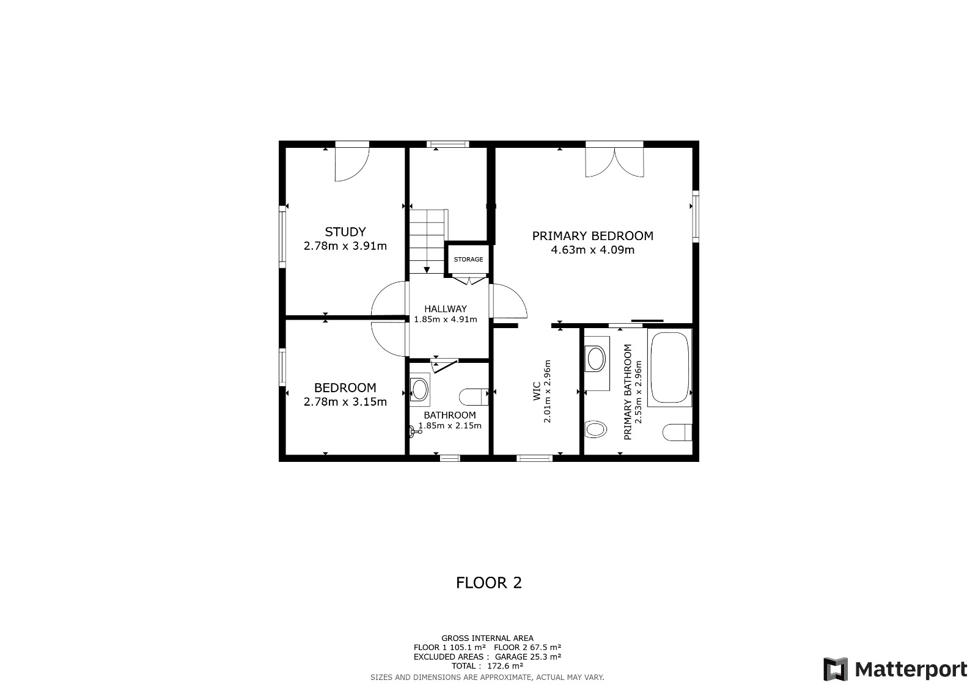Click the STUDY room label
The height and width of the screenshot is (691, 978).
(x=345, y=232)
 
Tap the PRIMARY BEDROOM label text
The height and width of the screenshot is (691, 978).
(x=592, y=236)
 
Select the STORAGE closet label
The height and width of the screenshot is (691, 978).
(x=468, y=259)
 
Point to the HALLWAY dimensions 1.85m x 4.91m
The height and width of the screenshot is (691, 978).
(x=446, y=319)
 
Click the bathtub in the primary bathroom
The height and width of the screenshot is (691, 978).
(x=669, y=367)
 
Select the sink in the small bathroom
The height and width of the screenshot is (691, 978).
(x=419, y=389)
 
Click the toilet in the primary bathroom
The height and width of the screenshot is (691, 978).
(x=677, y=432)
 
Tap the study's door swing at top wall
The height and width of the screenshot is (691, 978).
(x=352, y=164)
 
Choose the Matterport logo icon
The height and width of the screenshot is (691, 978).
(x=835, y=669)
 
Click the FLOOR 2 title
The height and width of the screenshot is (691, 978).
(x=488, y=583)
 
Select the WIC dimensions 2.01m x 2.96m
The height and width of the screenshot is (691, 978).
(x=547, y=391)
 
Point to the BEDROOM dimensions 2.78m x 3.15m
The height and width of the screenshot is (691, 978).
(x=345, y=401)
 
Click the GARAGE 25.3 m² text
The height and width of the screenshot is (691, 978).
(x=528, y=657)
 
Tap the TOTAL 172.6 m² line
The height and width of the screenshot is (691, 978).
(x=487, y=666)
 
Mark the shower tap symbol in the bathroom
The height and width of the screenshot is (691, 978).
(x=415, y=432)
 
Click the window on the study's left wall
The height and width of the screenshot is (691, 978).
(x=282, y=236)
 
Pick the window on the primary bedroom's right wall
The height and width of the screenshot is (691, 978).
(x=696, y=216)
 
